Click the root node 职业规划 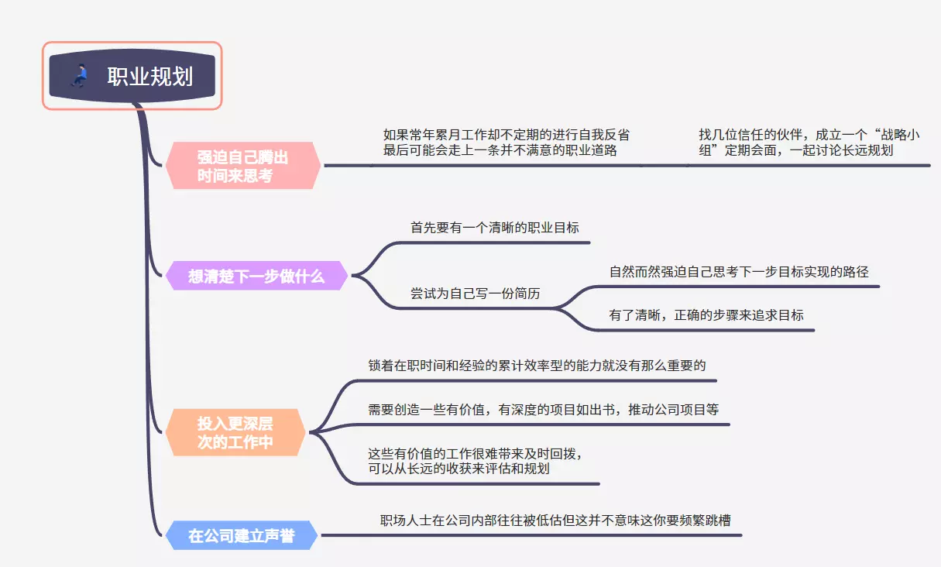149,77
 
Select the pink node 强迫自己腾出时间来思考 242,166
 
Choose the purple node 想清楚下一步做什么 256,276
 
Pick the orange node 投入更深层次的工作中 235,433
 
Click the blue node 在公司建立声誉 241,535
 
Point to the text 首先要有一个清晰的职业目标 494,228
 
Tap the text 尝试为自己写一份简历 475,294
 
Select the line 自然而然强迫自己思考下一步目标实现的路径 739,272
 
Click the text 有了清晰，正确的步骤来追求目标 706,315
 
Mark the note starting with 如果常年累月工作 506,143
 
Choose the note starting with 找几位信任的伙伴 809,143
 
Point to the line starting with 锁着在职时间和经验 537,366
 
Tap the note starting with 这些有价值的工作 475,460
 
